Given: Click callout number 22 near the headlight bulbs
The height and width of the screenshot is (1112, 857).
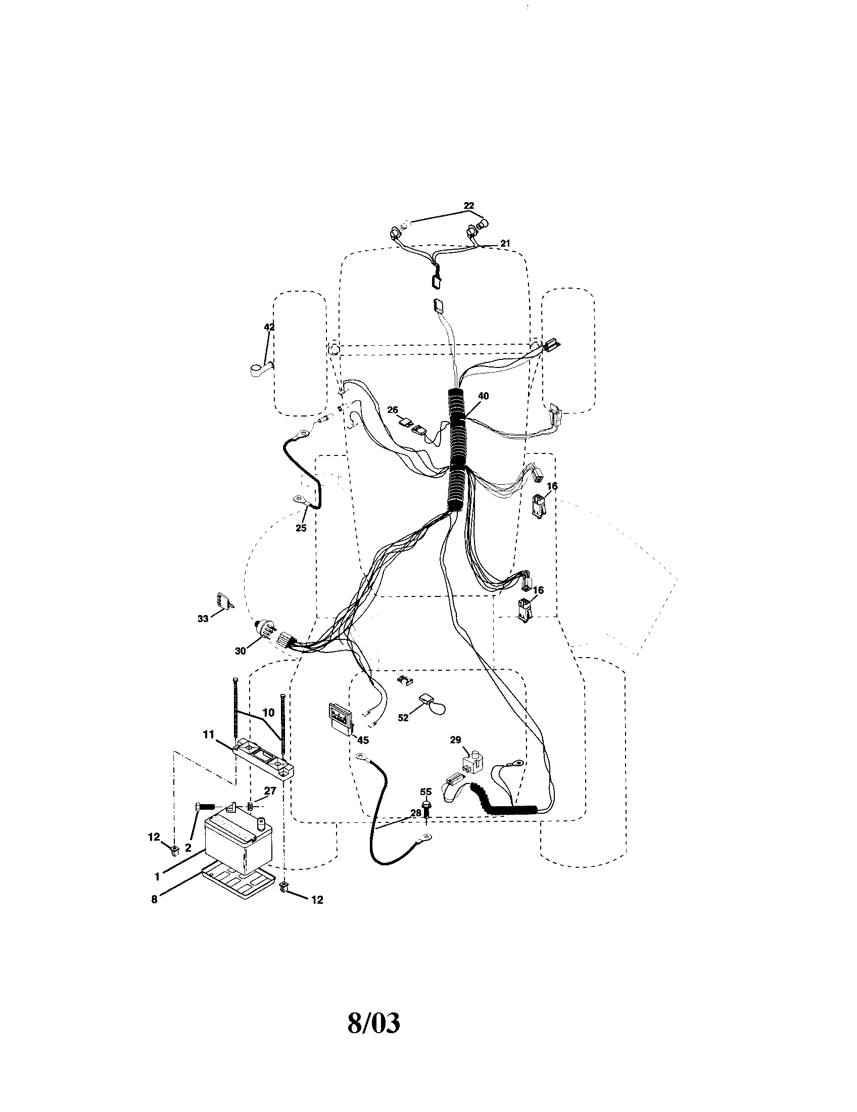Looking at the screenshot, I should coord(469,206).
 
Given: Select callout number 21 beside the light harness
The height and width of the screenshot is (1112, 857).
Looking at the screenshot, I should coord(504,244).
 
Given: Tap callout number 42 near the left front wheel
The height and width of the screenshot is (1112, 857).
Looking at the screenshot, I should coord(269,328).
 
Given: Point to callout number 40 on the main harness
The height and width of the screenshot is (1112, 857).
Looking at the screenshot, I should coord(484,396).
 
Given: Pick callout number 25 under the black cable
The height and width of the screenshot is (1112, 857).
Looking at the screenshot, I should coord(301,528).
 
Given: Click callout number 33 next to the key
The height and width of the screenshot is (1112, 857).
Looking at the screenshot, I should coord(203,619).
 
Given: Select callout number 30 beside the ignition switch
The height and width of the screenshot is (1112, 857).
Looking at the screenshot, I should coord(240,650).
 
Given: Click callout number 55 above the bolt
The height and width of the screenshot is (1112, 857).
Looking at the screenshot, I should coord(426,792).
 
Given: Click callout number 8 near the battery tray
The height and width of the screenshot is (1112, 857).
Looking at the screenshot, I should coord(155,899).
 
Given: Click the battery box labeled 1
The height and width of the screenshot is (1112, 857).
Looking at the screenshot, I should coord(238,849).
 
